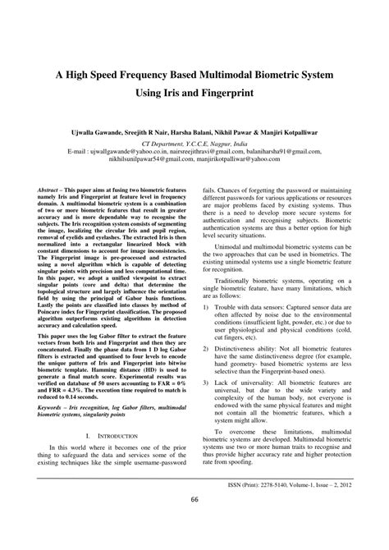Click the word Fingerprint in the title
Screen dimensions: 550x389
tap(236, 94)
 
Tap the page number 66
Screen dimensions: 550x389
tap(194, 523)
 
